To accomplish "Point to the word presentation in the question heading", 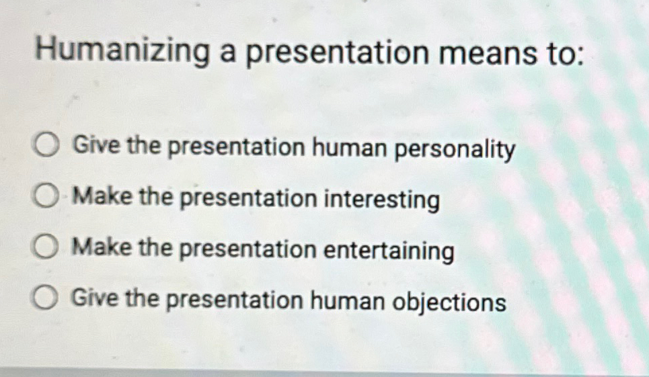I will [x=336, y=54].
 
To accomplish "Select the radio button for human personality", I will [x=48, y=146].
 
